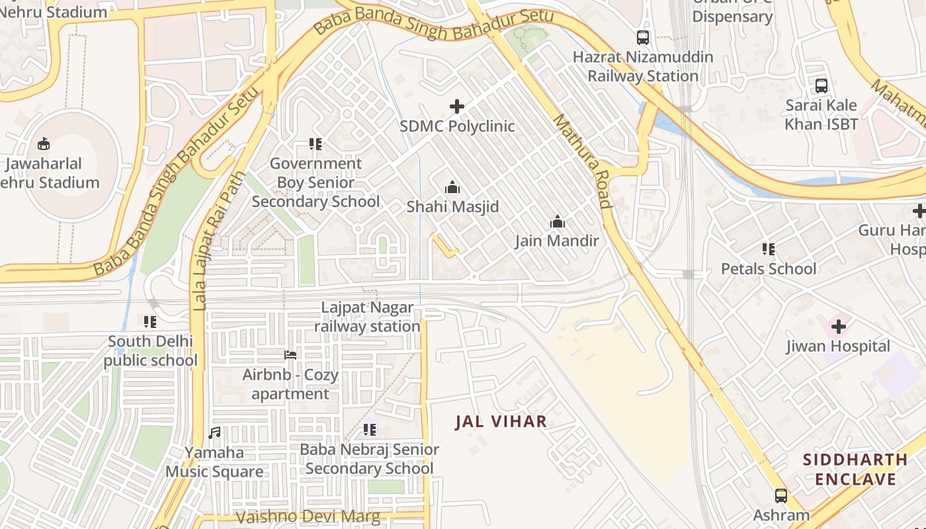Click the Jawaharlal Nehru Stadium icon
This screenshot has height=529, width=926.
pos(44,143)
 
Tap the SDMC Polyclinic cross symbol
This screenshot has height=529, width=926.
pos(456,106)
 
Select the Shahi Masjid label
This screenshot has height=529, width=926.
pos(452,207)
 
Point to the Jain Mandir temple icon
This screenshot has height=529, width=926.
pos(558,222)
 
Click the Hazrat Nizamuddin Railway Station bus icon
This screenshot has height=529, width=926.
pos(643,38)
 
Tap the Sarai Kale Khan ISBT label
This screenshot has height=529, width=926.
pos(821,114)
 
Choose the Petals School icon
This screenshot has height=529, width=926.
pos(768,249)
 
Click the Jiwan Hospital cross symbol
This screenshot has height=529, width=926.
pos(839,327)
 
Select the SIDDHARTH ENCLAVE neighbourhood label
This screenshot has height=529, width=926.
pos(855,469)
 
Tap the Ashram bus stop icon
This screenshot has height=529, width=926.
pos(781,495)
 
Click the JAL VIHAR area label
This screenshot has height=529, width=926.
pos(501,421)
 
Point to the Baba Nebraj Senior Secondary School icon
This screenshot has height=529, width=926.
pos(369,430)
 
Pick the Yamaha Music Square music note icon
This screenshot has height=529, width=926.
pos(214,433)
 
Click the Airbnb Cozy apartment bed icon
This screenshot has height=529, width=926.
pos(290,355)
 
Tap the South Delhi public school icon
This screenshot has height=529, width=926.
pos(150,322)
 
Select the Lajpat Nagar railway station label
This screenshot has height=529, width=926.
pos(367,317)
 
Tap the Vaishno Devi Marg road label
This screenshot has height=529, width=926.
pos(308,516)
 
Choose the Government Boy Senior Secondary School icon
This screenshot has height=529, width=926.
pos(316,144)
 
